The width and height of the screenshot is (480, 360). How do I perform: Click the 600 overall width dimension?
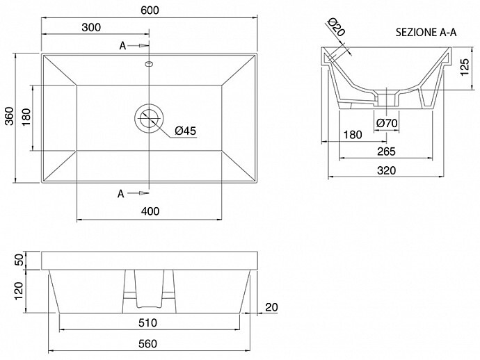(x=150, y=10)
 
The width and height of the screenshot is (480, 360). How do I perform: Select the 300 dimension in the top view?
(x=91, y=27)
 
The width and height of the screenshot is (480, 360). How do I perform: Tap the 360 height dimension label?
(x=10, y=115)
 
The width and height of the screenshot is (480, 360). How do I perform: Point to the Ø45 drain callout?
(x=185, y=131)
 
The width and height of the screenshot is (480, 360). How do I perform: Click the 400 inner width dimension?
(x=150, y=211)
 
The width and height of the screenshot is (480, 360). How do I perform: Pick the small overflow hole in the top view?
(x=149, y=64)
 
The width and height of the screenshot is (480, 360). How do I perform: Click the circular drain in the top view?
(x=149, y=118)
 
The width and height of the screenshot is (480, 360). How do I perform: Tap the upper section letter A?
(x=122, y=46)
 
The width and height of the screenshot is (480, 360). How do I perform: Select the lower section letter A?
(x=121, y=194)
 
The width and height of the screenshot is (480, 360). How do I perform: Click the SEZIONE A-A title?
(x=426, y=33)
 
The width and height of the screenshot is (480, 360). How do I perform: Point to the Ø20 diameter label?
(x=336, y=26)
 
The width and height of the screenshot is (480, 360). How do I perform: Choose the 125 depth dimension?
(x=465, y=67)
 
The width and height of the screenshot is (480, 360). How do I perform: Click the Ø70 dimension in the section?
(x=387, y=123)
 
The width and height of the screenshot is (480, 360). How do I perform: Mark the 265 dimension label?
(x=386, y=152)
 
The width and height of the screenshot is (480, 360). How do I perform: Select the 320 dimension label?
(x=386, y=170)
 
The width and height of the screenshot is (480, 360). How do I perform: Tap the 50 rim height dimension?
(x=19, y=261)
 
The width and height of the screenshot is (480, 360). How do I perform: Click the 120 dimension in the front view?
(x=19, y=291)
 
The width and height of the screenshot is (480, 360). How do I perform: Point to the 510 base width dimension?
(x=147, y=322)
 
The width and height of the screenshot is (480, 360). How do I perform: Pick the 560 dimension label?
(x=147, y=344)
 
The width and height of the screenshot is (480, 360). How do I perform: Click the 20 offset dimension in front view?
(x=271, y=307)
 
